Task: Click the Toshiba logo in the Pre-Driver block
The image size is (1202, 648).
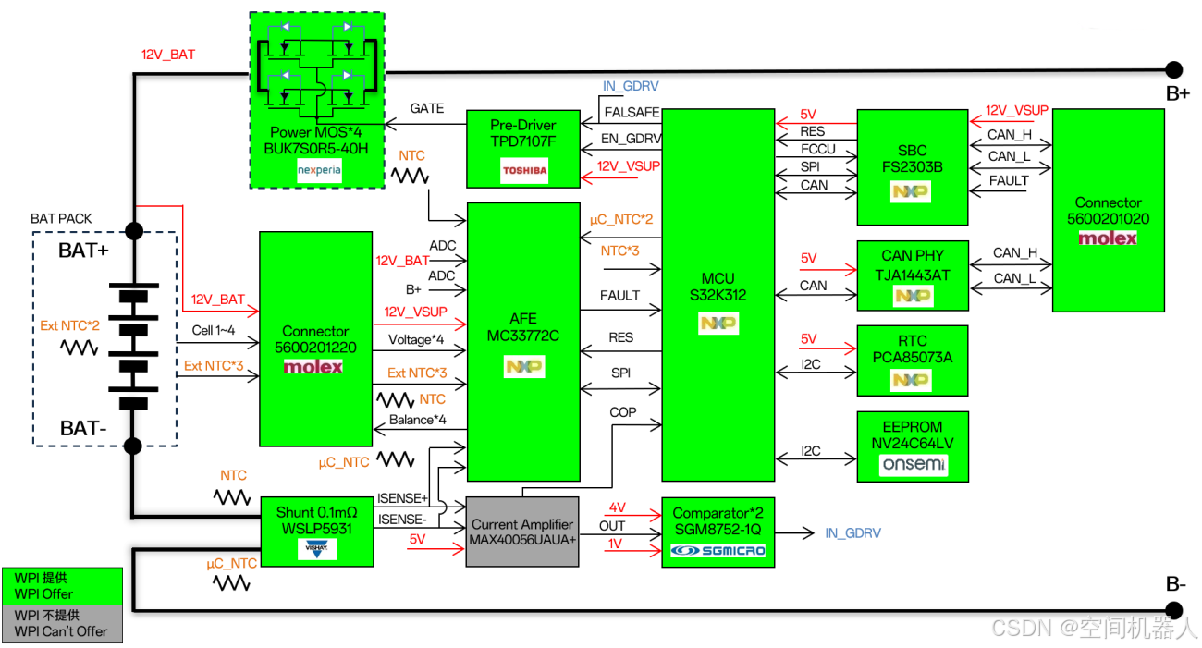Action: pos(524,170)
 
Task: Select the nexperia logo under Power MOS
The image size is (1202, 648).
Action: pos(319,171)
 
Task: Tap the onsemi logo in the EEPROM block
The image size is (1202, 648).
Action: pos(913,464)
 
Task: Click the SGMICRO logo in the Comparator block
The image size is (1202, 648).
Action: pos(718,551)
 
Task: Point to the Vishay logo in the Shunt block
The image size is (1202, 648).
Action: pos(317,549)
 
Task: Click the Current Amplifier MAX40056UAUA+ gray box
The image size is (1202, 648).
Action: pos(522,532)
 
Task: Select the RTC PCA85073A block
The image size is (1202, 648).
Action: pos(913,359)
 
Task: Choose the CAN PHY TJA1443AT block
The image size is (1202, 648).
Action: pos(913,275)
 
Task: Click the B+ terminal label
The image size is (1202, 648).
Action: pos(1177,93)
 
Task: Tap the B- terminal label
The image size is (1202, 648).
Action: pos(1176,585)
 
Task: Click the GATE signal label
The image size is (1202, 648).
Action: pos(427,109)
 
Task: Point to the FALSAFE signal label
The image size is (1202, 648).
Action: pos(632,113)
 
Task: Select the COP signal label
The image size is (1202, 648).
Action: pos(623,412)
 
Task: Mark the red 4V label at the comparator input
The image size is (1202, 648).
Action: pos(617,507)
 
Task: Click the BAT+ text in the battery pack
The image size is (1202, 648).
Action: pos(84,251)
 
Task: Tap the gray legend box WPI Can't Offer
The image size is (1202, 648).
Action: pos(62,623)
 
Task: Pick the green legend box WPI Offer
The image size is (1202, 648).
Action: pos(62,586)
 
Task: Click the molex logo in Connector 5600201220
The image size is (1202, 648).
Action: pos(313,367)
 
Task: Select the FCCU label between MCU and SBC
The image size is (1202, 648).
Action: pos(818,149)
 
